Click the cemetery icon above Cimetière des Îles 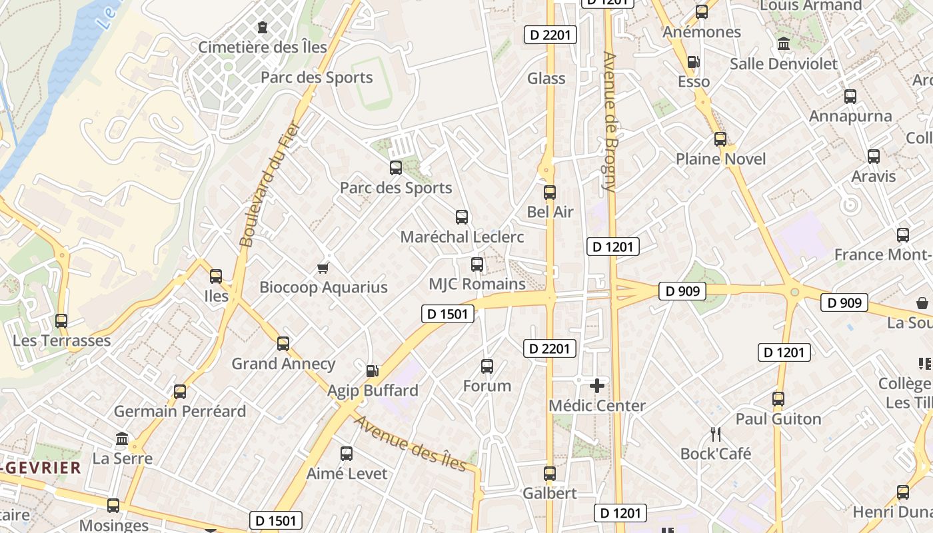[x=263, y=27]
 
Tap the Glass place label [x=546, y=79]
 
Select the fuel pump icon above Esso [x=693, y=62]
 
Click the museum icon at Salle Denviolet [x=784, y=44]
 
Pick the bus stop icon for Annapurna [x=850, y=97]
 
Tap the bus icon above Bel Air [x=550, y=193]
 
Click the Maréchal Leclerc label [x=462, y=237]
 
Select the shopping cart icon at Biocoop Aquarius [x=323, y=268]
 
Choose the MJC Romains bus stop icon [x=477, y=265]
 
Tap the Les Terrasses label [x=62, y=341]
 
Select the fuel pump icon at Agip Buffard [x=373, y=370]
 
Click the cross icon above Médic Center [x=597, y=386]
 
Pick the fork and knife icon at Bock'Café [x=716, y=434]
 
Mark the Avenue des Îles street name [x=410, y=443]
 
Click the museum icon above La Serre [x=122, y=439]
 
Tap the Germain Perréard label [x=180, y=411]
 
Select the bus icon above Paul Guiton [x=778, y=400]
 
